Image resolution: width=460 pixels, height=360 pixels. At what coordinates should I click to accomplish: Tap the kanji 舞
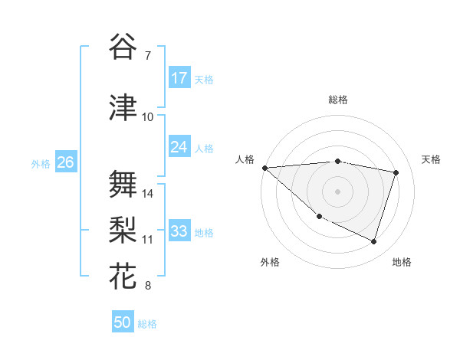tap(123, 183)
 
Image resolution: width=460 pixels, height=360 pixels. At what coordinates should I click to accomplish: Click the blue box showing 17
tap(179, 78)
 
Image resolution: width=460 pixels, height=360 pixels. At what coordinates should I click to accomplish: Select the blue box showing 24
tap(179, 147)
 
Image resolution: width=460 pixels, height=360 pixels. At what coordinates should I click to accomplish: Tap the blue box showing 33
tap(179, 231)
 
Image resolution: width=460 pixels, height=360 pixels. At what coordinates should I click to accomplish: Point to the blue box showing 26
tap(65, 162)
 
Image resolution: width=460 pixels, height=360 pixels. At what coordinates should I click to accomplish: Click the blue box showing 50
tap(123, 322)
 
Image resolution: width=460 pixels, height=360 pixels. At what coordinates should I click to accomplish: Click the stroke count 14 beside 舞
tap(148, 194)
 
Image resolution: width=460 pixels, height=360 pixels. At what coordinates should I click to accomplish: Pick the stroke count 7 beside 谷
tap(147, 56)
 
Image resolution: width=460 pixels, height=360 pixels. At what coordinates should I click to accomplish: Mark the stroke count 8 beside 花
tap(147, 286)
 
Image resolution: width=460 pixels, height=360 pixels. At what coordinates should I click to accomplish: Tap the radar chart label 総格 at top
tap(337, 100)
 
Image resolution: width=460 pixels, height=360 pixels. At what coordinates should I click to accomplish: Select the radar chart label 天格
tap(432, 159)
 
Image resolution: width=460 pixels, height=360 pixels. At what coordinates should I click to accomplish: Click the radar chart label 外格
tap(270, 263)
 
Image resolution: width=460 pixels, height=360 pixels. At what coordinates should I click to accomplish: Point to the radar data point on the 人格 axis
tap(264, 168)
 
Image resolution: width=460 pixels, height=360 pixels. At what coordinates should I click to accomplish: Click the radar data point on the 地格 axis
tap(373, 241)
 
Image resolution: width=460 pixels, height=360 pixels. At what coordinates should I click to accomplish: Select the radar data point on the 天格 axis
tap(396, 172)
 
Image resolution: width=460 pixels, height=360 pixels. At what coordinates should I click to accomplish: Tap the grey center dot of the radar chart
tap(337, 191)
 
